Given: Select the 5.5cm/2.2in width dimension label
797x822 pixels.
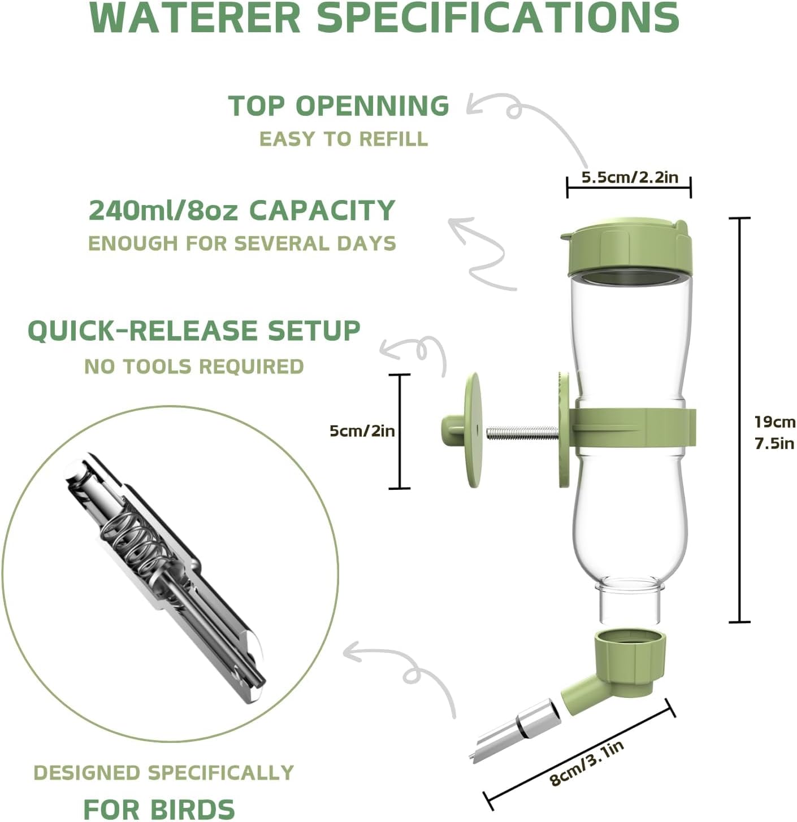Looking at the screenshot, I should point(630,177).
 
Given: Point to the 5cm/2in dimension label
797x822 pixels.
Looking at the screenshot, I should point(362,431).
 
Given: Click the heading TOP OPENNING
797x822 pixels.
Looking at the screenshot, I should point(339,106).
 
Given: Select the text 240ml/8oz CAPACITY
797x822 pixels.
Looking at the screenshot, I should point(242,210).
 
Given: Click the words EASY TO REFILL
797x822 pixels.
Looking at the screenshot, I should point(344,139).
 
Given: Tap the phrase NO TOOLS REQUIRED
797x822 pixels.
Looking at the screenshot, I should point(194,367).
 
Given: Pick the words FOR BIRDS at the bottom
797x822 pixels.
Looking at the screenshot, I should point(159,808).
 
